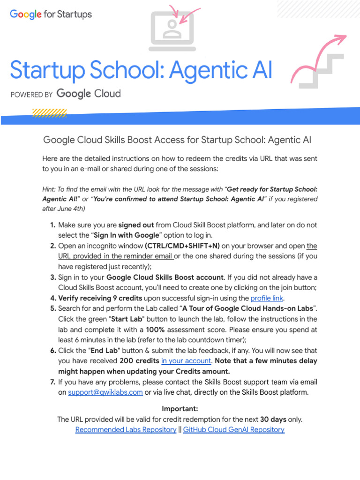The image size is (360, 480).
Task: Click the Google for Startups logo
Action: tap(51, 15)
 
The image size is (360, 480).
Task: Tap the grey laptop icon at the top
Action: tap(172, 31)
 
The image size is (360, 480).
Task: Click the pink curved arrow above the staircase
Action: tap(319, 56)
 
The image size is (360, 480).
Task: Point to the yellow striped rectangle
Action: tap(49, 113)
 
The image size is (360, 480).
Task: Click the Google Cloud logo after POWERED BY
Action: tap(88, 94)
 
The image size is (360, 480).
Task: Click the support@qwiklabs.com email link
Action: tap(105, 392)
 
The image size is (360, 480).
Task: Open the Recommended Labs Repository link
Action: tap(126, 429)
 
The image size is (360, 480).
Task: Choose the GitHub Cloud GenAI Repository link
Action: tap(233, 429)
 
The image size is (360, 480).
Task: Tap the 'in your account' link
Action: tap(186, 360)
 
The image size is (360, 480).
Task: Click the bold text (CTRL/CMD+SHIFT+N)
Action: tap(175, 246)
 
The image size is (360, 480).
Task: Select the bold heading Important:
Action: tap(180, 409)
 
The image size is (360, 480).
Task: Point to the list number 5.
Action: tap(53, 308)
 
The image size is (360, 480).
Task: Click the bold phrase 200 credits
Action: tap(139, 360)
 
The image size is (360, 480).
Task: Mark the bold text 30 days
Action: tap(271, 419)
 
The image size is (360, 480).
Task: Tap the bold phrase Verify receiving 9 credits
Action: tap(100, 298)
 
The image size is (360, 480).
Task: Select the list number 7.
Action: tap(53, 382)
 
